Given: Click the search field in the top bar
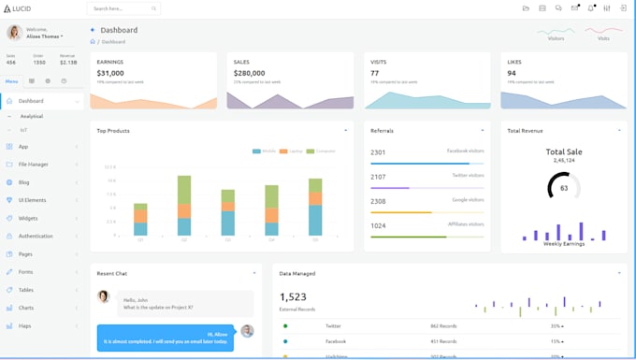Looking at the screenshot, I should tap(122, 8).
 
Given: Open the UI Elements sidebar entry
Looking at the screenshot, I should tap(32, 200).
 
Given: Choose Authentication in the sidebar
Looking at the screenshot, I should tap(36, 236).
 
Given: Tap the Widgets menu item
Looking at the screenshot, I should tap(28, 218).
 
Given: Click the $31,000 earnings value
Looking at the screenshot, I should tap(110, 73).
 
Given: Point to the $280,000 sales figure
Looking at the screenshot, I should tap(250, 73).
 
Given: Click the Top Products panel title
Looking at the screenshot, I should tap(113, 131).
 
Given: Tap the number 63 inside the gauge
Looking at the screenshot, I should tap(564, 188).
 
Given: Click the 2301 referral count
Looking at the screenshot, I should tap(378, 152).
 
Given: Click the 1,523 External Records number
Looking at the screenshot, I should tap(293, 297).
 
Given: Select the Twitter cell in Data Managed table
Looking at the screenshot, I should tap(333, 325).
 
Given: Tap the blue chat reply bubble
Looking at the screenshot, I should tap(165, 338).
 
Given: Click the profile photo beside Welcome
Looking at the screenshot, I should tap(15, 33).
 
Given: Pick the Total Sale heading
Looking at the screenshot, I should tap(564, 151).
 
